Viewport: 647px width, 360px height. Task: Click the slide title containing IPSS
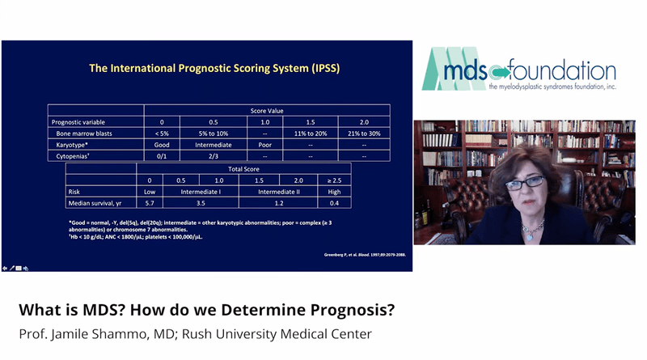coord(214,69)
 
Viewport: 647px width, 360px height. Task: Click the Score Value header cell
coord(267,110)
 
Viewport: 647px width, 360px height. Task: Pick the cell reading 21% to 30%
coord(364,132)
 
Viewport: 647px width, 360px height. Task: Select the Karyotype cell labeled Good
coord(162,144)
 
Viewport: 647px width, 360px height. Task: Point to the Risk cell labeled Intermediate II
coord(280,192)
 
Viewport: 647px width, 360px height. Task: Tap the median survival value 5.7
coord(150,205)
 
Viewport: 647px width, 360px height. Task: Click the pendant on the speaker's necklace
coord(530,236)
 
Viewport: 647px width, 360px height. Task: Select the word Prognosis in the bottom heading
coord(345,310)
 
